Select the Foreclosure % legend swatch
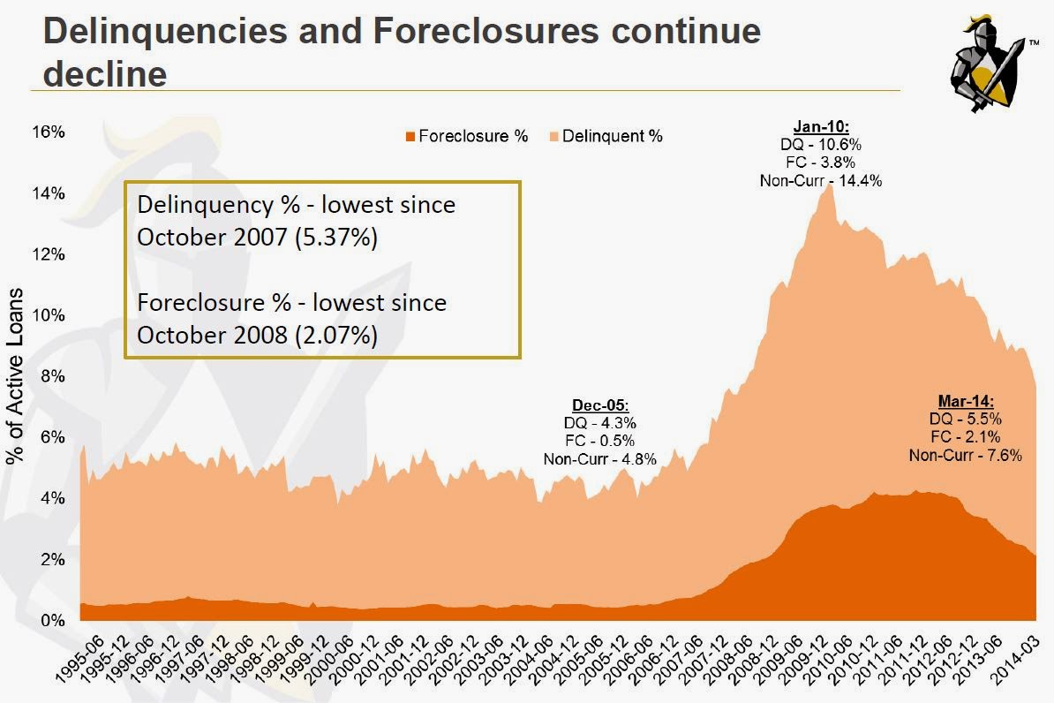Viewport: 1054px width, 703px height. pos(410,136)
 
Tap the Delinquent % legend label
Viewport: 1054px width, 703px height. pos(612,136)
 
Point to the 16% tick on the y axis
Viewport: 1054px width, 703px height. pos(49,132)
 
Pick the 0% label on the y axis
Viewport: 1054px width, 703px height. pos(53,621)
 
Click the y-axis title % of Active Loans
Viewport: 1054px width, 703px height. pos(15,376)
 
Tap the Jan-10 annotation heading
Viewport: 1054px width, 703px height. pos(821,126)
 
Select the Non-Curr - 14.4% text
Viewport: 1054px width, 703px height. pos(821,180)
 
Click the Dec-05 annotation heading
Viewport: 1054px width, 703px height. pos(599,405)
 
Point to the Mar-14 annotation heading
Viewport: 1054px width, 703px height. pos(966,402)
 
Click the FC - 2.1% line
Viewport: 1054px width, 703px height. pos(966,437)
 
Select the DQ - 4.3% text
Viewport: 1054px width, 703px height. pos(599,423)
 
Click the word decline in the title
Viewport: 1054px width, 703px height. pos(105,73)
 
